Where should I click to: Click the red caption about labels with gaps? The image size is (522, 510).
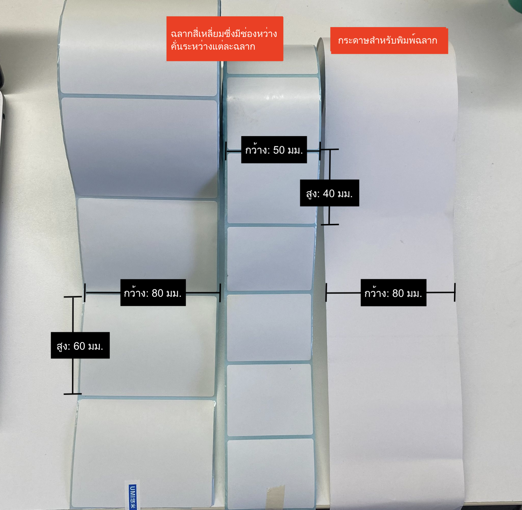pos(225,39)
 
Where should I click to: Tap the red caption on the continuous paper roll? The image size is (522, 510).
pos(389,40)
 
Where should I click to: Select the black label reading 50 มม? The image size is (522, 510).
pos(274,150)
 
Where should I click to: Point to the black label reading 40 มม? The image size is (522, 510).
pos(329,193)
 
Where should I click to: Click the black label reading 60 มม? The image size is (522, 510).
pos(80,345)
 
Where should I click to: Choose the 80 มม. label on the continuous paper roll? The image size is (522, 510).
pos(393,293)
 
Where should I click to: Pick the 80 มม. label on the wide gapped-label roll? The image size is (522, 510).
pos(153,293)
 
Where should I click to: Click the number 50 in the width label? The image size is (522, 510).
pos(279,150)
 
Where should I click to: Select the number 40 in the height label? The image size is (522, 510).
pos(329,193)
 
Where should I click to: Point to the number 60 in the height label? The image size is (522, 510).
pos(79,346)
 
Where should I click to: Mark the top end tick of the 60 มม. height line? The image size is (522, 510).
pos(73,297)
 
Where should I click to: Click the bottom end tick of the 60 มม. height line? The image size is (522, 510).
pos(73,394)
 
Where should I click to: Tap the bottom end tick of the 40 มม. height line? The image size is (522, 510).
pos(330,224)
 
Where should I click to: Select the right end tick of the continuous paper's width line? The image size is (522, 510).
pos(454,292)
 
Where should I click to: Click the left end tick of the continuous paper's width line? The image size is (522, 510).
pos(326,292)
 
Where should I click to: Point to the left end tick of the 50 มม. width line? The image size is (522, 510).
pos(226,151)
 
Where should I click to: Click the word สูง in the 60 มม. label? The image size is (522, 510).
pos(63,346)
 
